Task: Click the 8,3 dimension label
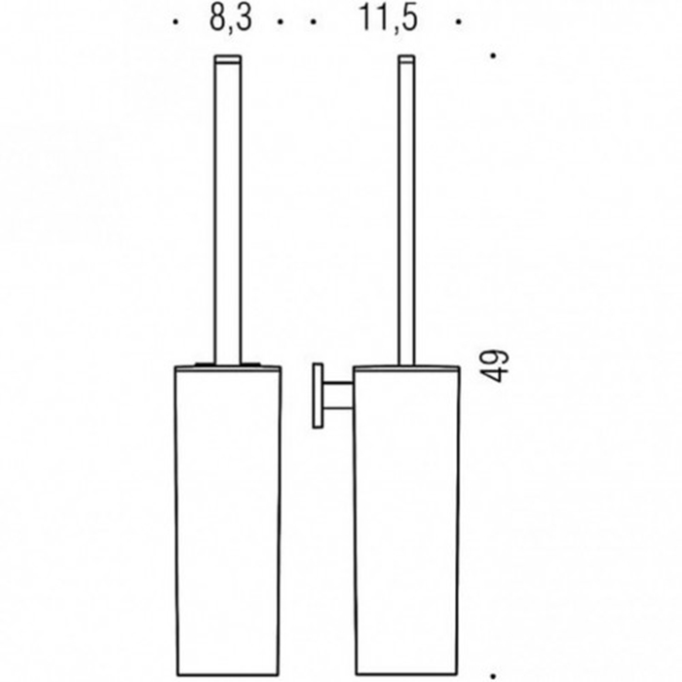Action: pos(231,19)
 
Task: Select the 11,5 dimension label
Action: pos(388,19)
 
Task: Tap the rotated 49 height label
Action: pos(494,365)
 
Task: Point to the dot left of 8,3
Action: pos(175,21)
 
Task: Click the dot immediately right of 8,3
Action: pos(281,21)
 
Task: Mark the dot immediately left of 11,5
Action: pos(314,21)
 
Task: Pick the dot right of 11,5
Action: pos(459,21)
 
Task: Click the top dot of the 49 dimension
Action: pos(493,56)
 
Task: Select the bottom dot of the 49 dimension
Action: pos(493,676)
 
